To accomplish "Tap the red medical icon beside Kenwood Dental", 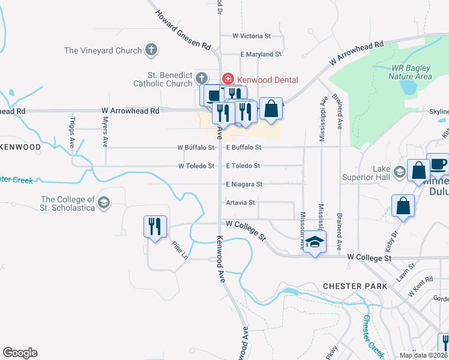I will pyautogui.click(x=228, y=79).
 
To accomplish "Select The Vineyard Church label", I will pyautogui.click(x=103, y=51).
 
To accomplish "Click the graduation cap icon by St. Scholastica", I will pyautogui.click(x=104, y=203).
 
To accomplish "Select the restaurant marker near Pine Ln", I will pyautogui.click(x=155, y=227).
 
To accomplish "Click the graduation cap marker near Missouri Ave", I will pyautogui.click(x=314, y=243).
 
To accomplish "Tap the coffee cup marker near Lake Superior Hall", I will pyautogui.click(x=438, y=163).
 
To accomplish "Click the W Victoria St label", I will pyautogui.click(x=256, y=36).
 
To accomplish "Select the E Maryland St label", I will pyautogui.click(x=261, y=54).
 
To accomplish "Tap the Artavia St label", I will pyautogui.click(x=241, y=202).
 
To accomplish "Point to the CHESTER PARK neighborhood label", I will pyautogui.click(x=355, y=286).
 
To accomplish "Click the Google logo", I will pyautogui.click(x=20, y=353).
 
